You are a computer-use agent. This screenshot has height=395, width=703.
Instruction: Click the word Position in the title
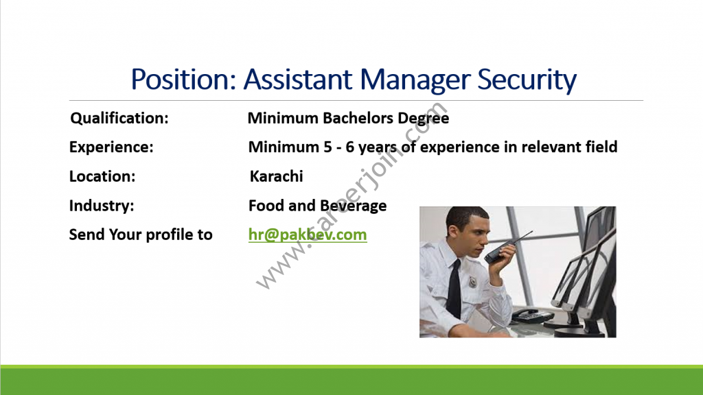(x=183, y=80)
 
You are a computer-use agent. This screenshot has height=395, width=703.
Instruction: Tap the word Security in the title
(x=527, y=80)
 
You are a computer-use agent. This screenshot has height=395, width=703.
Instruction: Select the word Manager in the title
(x=415, y=80)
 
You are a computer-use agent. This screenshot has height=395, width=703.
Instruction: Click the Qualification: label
(x=119, y=118)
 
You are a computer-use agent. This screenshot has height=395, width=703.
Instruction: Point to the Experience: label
(x=111, y=147)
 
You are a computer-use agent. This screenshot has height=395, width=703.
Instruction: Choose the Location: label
(x=102, y=176)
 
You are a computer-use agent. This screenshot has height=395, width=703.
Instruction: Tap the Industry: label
(x=102, y=206)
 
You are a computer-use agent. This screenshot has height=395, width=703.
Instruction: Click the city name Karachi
(x=276, y=176)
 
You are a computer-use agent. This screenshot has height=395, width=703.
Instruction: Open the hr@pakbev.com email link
(x=308, y=235)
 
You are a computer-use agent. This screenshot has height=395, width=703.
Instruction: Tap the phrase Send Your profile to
(x=141, y=235)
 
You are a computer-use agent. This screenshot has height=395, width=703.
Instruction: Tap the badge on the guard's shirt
(x=472, y=282)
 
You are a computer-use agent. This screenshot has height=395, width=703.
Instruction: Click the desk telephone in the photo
(x=533, y=315)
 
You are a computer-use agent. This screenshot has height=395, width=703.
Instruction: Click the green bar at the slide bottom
(x=351, y=380)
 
